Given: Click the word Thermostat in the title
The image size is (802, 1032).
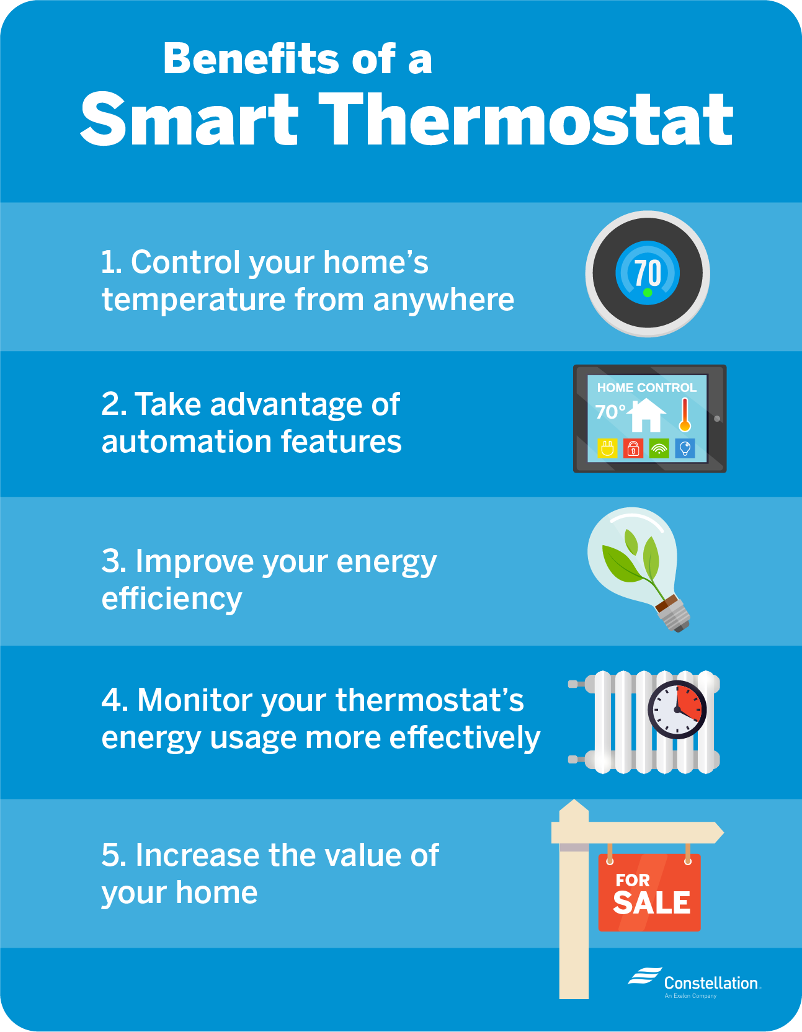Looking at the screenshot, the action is (x=526, y=119).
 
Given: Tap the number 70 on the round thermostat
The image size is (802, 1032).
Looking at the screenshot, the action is (x=648, y=273).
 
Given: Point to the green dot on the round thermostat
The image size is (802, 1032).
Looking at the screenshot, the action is (x=648, y=293).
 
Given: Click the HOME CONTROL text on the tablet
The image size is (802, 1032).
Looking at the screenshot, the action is (x=646, y=388).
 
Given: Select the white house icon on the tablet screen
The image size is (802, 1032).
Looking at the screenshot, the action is (x=646, y=414).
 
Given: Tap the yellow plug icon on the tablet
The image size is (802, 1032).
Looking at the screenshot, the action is (x=607, y=448).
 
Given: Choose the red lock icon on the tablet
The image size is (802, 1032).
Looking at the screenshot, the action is (x=633, y=448).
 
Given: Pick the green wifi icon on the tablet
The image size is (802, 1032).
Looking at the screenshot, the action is (x=659, y=448).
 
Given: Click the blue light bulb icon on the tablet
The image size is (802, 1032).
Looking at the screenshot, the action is (x=685, y=448).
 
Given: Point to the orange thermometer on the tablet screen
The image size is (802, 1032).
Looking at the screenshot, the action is (x=685, y=414).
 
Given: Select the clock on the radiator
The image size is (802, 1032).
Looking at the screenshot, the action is (x=677, y=710).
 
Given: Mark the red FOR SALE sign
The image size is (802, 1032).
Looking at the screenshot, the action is (x=649, y=892).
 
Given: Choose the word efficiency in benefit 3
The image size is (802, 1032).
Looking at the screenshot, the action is (x=172, y=600).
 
